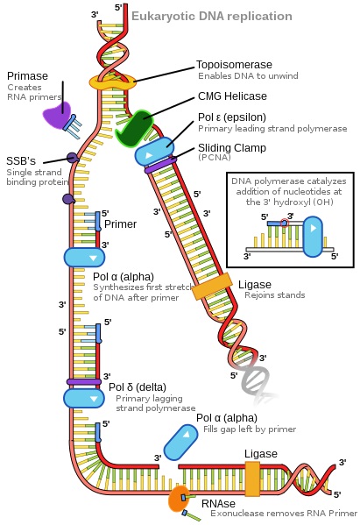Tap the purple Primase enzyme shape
(59, 117)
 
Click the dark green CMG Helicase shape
(134, 128)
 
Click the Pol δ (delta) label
(136, 387)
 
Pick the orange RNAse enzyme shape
(178, 500)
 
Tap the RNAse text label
(218, 503)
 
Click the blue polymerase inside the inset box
(311, 237)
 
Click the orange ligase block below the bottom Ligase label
(253, 479)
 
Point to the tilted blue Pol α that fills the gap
(180, 441)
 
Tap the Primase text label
(26, 76)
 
